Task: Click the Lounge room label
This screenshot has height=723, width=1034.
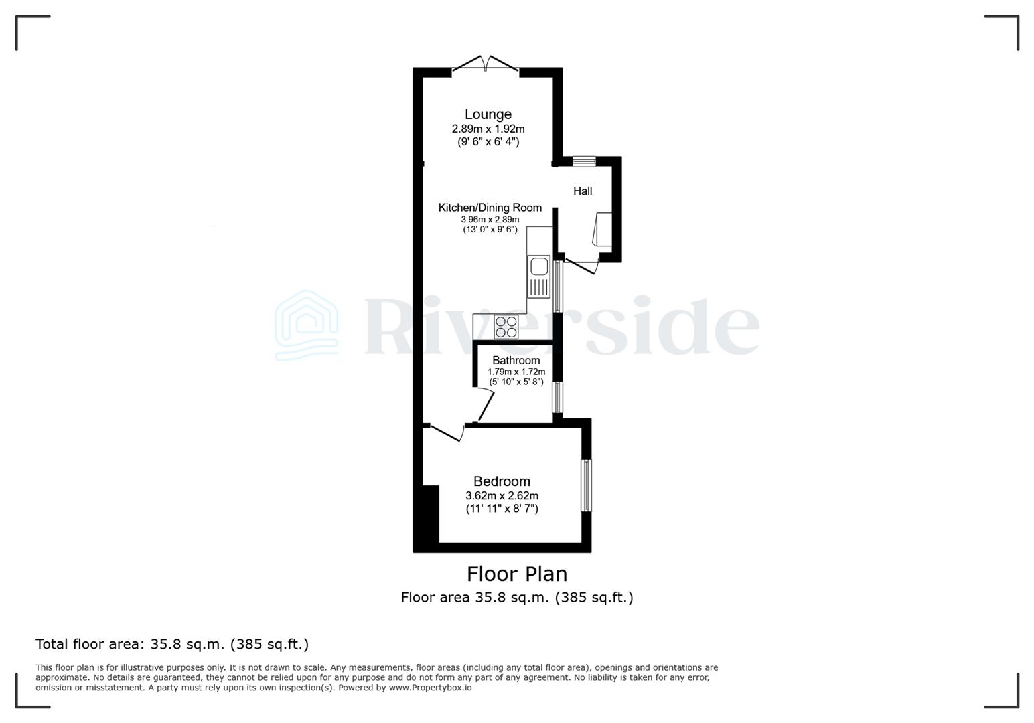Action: tap(488, 114)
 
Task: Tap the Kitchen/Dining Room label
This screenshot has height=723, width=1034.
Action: tap(490, 208)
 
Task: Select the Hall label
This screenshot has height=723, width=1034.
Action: tap(582, 191)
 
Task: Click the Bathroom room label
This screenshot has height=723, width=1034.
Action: tap(516, 360)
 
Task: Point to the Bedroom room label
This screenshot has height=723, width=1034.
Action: tap(502, 481)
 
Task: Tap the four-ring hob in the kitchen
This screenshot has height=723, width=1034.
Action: tap(506, 327)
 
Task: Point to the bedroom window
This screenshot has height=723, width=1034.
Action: tap(586, 485)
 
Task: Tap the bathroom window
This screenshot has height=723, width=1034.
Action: tap(557, 397)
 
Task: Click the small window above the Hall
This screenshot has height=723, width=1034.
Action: tap(584, 161)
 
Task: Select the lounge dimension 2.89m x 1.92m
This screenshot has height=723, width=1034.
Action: tap(488, 129)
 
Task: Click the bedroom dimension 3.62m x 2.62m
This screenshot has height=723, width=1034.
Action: tap(502, 496)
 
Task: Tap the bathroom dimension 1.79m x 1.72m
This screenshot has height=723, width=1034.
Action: tap(516, 372)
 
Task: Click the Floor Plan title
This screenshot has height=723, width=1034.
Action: tap(516, 574)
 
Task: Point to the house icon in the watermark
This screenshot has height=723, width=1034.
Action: tap(307, 326)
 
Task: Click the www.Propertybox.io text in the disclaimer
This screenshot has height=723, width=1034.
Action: tap(430, 688)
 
